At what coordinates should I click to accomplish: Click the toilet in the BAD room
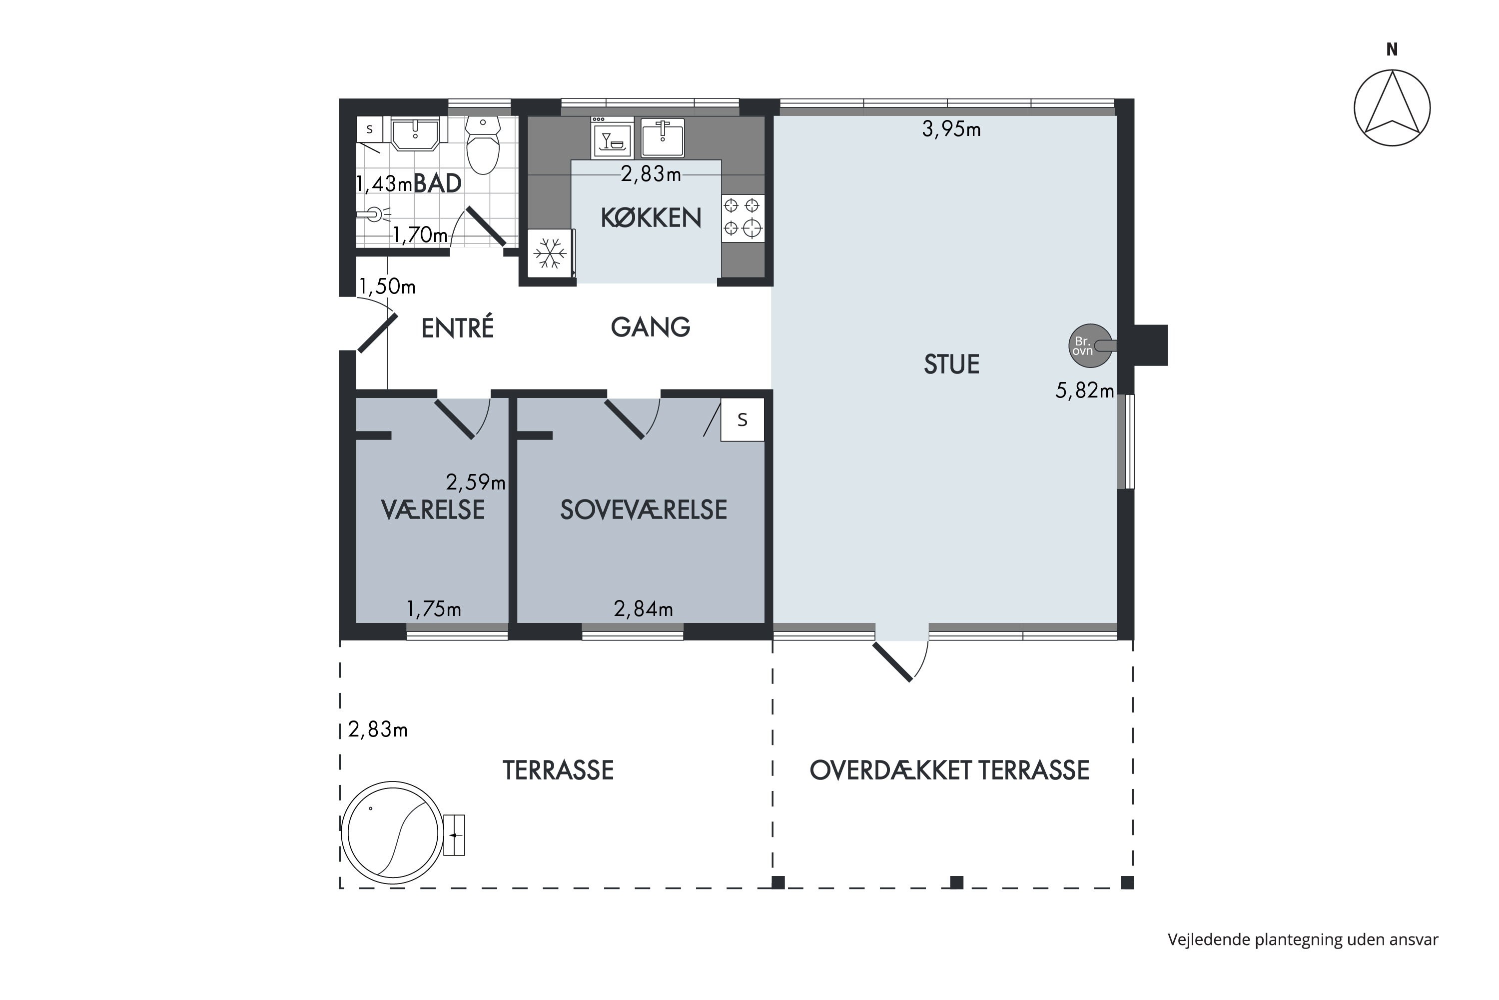(x=483, y=145)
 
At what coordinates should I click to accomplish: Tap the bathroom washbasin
(x=415, y=134)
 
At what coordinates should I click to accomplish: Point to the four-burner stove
(x=743, y=217)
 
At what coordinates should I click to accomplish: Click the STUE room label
(x=951, y=364)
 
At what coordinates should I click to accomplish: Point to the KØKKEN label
(x=651, y=218)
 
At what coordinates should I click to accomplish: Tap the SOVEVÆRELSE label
(x=643, y=509)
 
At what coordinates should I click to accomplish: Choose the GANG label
(x=650, y=327)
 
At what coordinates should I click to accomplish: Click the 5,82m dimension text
(x=1084, y=390)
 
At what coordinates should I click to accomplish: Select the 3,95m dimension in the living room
(x=951, y=129)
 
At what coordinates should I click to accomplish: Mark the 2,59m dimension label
(x=476, y=482)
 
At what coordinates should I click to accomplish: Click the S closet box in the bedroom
(x=743, y=419)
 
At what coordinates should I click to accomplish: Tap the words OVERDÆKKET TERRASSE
(x=949, y=770)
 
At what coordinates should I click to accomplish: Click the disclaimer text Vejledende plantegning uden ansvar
(x=1303, y=939)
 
